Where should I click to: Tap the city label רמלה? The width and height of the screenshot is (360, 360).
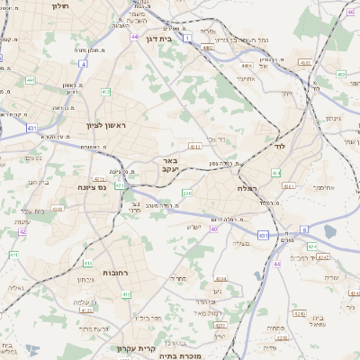tap(247, 188)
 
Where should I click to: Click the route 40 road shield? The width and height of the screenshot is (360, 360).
tap(214, 229)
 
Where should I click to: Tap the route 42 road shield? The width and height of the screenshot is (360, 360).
tap(22, 231)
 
